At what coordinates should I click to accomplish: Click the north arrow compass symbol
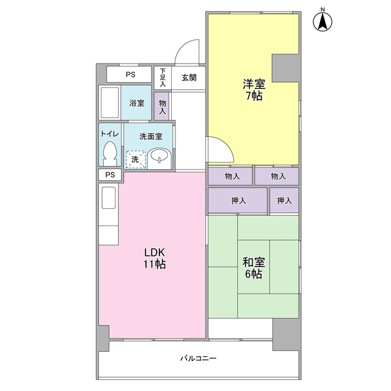(x=323, y=22)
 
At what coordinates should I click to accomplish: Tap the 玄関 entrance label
(x=189, y=78)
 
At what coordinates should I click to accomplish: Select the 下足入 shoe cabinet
(x=163, y=78)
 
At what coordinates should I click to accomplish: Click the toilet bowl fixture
(x=110, y=153)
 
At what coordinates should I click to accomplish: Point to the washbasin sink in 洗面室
(x=159, y=159)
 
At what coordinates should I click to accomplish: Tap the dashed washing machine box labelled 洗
(x=136, y=159)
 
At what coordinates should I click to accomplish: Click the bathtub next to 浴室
(x=110, y=103)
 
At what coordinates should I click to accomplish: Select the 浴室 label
(x=137, y=103)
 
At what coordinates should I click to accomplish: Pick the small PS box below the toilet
(x=110, y=175)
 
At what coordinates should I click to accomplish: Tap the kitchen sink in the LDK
(x=109, y=197)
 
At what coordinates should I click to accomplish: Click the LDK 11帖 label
(x=155, y=258)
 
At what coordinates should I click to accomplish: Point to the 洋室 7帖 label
(x=254, y=90)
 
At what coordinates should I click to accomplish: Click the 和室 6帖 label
(x=254, y=268)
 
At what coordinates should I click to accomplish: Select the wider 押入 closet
(x=238, y=200)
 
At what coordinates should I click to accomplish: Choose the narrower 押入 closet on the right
(x=284, y=200)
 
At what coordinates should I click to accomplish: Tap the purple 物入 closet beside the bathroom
(x=162, y=106)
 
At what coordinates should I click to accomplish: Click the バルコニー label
(x=198, y=359)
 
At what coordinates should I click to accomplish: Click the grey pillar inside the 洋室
(x=285, y=68)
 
